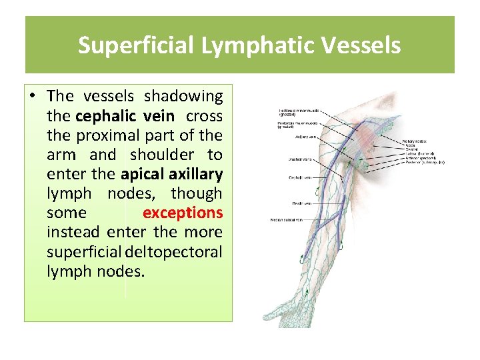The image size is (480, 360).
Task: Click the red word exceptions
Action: coord(183,213)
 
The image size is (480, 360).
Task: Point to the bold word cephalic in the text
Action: coord(105,116)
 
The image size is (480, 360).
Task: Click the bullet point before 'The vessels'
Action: coord(33,97)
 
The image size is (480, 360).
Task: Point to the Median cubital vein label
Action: coord(286,219)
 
